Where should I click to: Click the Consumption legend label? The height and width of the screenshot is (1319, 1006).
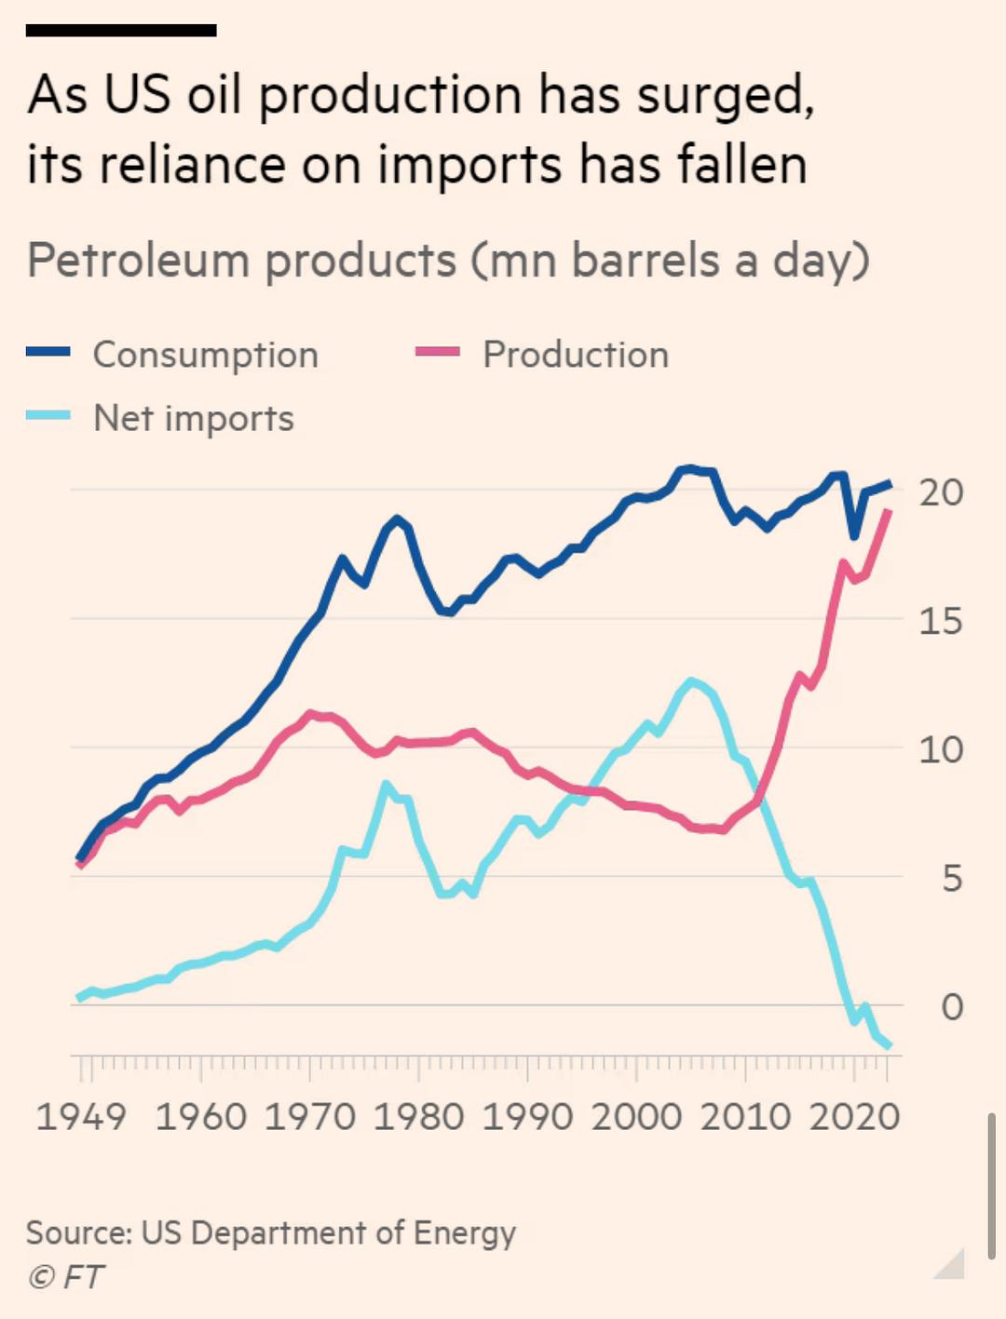[x=206, y=355]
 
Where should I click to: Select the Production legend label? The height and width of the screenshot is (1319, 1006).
[x=576, y=355]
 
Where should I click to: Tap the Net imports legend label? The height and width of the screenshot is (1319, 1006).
[x=194, y=419]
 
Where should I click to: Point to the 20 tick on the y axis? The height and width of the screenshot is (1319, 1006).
[x=942, y=492]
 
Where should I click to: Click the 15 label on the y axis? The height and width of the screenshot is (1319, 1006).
[x=942, y=621]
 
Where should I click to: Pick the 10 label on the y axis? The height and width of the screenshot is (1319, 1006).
[x=942, y=749]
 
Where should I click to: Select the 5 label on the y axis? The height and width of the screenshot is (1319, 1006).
[x=951, y=878]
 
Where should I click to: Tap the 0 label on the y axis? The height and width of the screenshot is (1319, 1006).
[x=951, y=1006]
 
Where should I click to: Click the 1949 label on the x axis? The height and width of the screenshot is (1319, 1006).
[x=81, y=1116]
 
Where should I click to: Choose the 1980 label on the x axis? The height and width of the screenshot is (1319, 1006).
[x=419, y=1116]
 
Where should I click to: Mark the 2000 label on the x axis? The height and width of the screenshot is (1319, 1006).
[x=637, y=1116]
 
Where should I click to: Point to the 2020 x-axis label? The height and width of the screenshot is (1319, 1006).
[x=854, y=1116]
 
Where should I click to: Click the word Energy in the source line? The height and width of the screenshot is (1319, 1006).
[x=464, y=1233]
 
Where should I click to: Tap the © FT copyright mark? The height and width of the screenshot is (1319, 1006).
[x=66, y=1277]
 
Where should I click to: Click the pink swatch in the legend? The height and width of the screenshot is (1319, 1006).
[x=438, y=352]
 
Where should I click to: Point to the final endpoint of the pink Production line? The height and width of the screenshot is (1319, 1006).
[x=890, y=511]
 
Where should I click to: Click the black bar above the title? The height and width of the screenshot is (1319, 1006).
[x=121, y=31]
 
